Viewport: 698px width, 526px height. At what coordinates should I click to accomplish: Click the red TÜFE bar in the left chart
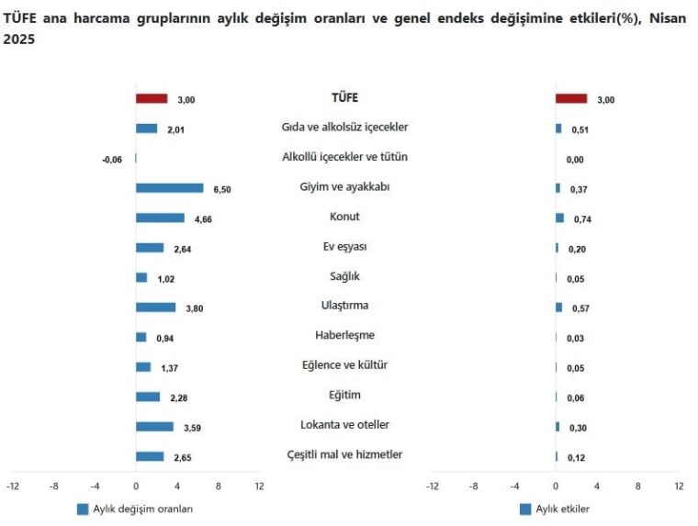pyautogui.click(x=152, y=98)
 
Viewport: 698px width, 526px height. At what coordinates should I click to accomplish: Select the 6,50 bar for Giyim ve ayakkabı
pyautogui.click(x=169, y=188)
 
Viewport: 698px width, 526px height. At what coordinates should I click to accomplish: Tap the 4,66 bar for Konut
pyautogui.click(x=160, y=218)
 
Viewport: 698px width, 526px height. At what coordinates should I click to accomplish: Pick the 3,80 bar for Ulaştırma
pyautogui.click(x=155, y=308)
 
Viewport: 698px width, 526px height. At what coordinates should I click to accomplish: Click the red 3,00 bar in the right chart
pyautogui.click(x=571, y=98)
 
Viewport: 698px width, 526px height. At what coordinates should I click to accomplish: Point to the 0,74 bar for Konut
pyautogui.click(x=559, y=218)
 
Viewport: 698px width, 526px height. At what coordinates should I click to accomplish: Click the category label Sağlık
pyautogui.click(x=344, y=275)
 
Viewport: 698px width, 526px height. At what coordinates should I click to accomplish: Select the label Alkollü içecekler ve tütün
pyautogui.click(x=344, y=157)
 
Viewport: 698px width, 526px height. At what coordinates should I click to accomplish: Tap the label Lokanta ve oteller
pyautogui.click(x=344, y=424)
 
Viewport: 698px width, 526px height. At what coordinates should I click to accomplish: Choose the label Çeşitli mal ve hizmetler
pyautogui.click(x=344, y=454)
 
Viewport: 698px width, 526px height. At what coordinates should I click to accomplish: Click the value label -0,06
pyautogui.click(x=112, y=160)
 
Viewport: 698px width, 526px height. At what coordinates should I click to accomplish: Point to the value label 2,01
pyautogui.click(x=176, y=129)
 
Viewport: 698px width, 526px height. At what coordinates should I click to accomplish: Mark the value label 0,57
pyautogui.click(x=580, y=308)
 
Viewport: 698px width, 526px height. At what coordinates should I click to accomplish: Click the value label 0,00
pyautogui.click(x=575, y=160)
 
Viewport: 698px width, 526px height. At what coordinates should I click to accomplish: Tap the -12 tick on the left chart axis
pyautogui.click(x=12, y=486)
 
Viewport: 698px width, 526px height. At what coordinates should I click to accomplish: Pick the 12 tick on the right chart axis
pyautogui.click(x=679, y=486)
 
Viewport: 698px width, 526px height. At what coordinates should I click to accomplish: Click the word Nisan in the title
pyautogui.click(x=668, y=19)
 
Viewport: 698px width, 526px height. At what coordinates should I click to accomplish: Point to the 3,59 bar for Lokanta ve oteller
pyautogui.click(x=154, y=427)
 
